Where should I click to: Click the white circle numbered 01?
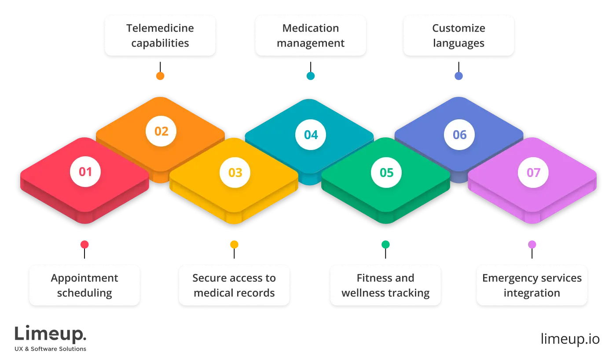pyautogui.click(x=85, y=172)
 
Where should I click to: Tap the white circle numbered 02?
pyautogui.click(x=161, y=131)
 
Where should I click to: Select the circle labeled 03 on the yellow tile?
pyautogui.click(x=235, y=173)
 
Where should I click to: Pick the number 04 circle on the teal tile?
pyautogui.click(x=311, y=135)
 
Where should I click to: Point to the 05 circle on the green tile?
pyautogui.click(x=386, y=173)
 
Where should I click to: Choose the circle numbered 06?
pyautogui.click(x=459, y=135)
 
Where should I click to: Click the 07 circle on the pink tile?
pyautogui.click(x=533, y=173)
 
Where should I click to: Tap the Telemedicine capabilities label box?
pyautogui.click(x=160, y=36)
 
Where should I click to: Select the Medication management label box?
pyautogui.click(x=311, y=36)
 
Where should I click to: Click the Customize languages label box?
pyautogui.click(x=458, y=36)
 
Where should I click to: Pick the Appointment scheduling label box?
pyautogui.click(x=84, y=285)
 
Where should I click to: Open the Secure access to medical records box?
pyautogui.click(x=234, y=285)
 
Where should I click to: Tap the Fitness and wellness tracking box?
pyautogui.click(x=385, y=285)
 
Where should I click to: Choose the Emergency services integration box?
pyautogui.click(x=532, y=285)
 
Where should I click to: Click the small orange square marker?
pyautogui.click(x=160, y=76)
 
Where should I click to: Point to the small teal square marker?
pyautogui.click(x=311, y=76)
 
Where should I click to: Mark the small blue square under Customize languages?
pyautogui.click(x=459, y=76)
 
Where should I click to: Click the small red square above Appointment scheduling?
pyautogui.click(x=84, y=244)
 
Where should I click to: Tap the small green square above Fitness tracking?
pyautogui.click(x=385, y=244)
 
